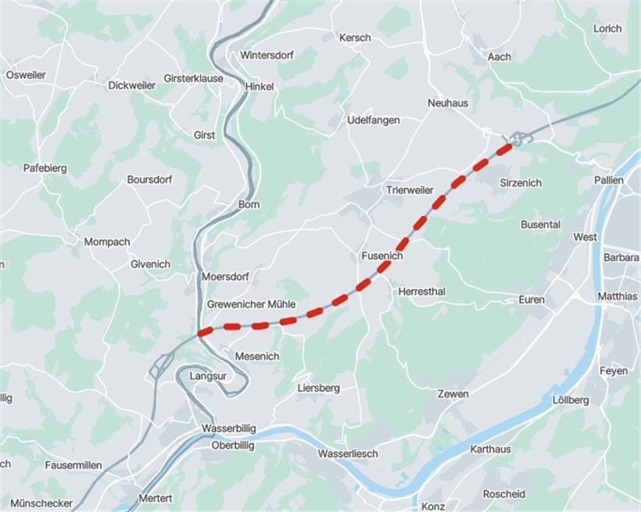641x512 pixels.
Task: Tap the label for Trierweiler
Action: pos(410,190)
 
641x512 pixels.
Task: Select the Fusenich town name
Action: pos(382,256)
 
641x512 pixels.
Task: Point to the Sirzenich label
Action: pos(520,182)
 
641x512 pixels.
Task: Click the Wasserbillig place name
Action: pos(227,429)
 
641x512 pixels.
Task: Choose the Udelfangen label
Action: pos(374,120)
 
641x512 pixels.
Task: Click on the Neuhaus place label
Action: pos(448,102)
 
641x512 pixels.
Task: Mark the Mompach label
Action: pos(107,242)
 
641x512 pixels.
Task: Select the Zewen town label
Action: pos(453,394)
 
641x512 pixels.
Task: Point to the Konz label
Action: pos(433,506)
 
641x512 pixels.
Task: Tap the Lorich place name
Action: pos(607,29)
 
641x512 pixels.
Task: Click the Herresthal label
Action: pos(422,291)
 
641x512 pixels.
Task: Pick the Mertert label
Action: pos(155,498)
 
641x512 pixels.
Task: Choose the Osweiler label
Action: pos(26,75)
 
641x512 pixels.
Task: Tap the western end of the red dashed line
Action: pos(202,333)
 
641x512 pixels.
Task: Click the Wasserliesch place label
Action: pos(348,453)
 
